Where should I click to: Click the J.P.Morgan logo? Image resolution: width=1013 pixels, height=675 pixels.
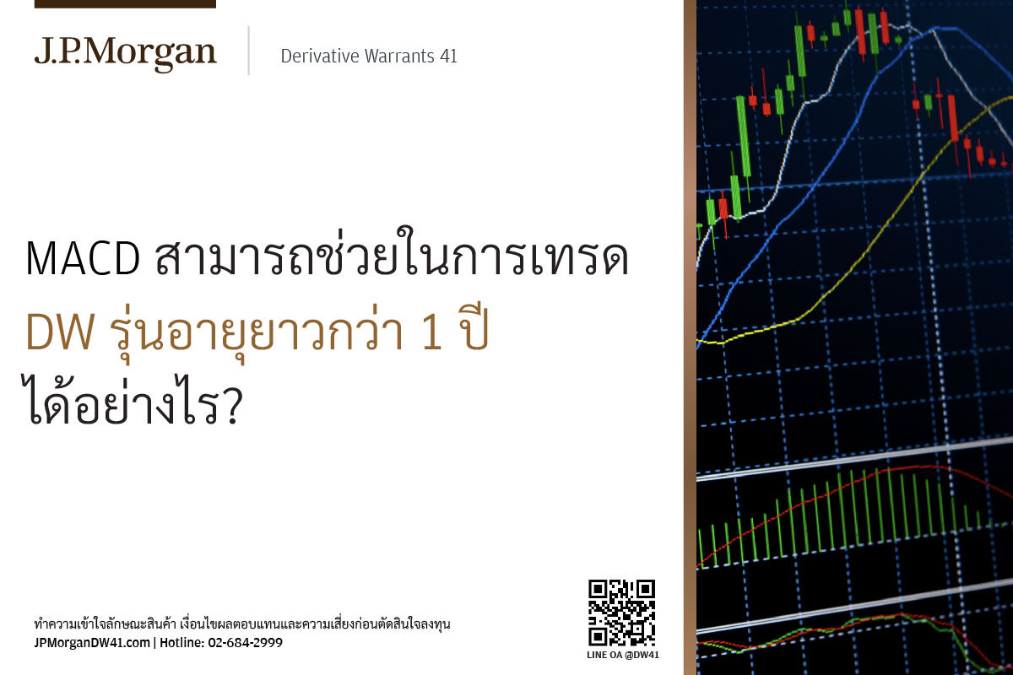[126, 54]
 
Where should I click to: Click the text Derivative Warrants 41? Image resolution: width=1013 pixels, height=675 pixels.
[369, 57]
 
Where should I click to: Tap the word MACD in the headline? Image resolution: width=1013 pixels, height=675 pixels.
[83, 259]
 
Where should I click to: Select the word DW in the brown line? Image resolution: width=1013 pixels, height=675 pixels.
[60, 332]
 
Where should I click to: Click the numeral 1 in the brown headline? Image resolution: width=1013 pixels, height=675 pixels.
[432, 332]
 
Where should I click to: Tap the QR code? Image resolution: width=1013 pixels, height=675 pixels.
[622, 613]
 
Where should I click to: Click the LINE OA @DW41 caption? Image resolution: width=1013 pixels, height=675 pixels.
[623, 655]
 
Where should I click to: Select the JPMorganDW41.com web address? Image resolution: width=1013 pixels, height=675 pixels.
[92, 643]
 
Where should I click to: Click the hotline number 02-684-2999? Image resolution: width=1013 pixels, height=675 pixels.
[245, 643]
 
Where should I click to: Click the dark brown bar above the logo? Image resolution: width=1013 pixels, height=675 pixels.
[125, 4]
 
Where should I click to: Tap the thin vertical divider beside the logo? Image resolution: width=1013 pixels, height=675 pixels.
[249, 51]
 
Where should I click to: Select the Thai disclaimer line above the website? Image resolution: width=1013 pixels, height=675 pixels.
[242, 624]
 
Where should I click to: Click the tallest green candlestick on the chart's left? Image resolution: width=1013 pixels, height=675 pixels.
[743, 136]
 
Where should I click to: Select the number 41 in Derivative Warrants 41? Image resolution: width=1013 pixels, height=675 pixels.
[448, 57]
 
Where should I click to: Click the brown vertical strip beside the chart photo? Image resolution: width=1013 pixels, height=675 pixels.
[691, 337]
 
